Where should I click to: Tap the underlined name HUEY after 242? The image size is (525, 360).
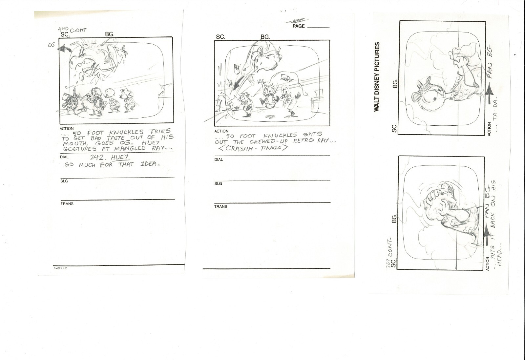120,158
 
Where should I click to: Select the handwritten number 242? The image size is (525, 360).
97,158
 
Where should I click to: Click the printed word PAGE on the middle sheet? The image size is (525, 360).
299,26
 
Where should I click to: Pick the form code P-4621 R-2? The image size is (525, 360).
60,268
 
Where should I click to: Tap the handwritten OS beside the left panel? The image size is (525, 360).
51,45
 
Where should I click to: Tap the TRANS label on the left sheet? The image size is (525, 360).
67,204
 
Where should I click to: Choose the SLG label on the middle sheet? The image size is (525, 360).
218,183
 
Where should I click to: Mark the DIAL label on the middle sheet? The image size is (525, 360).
219,159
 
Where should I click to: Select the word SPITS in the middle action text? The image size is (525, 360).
312,134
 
